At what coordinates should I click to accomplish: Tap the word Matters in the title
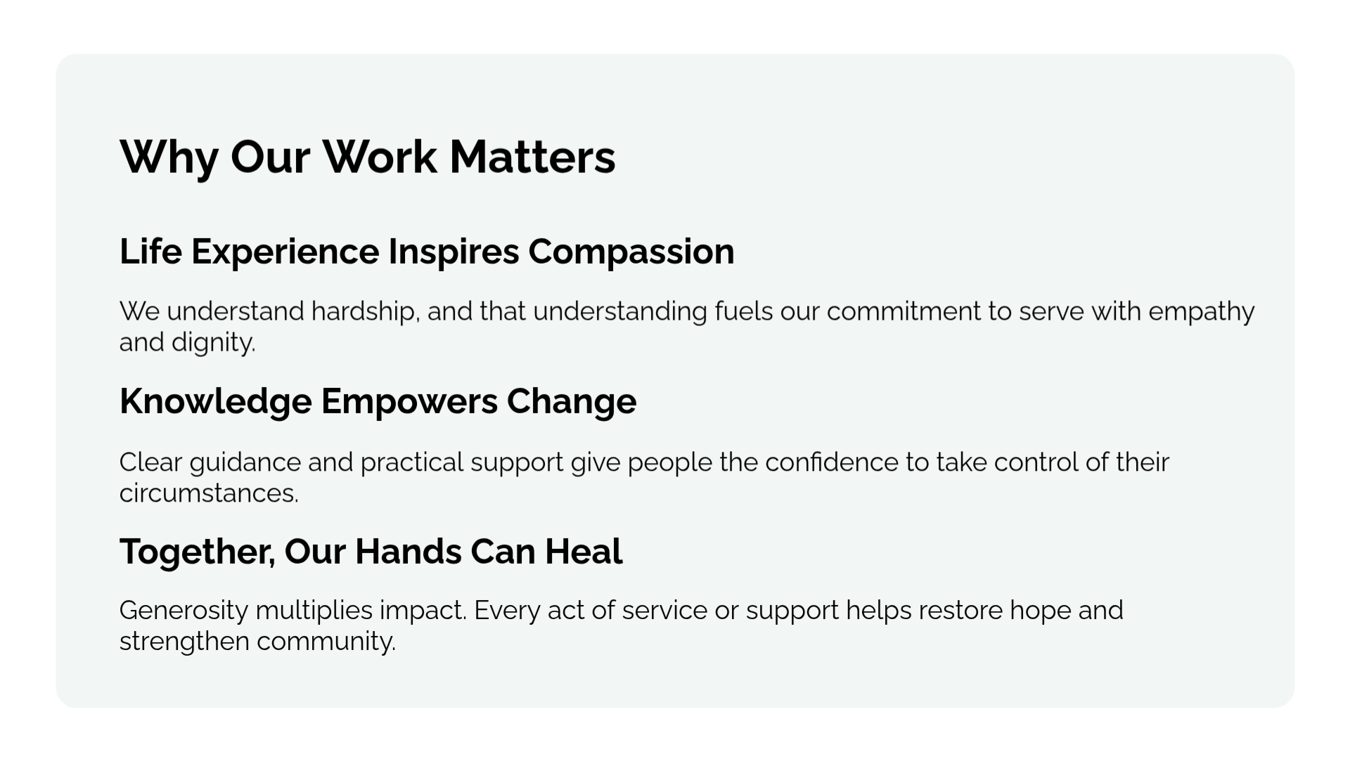(x=532, y=157)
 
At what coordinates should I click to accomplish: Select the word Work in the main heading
(x=380, y=156)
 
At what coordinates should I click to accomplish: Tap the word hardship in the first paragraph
(x=365, y=311)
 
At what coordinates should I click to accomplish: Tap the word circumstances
(x=209, y=493)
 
